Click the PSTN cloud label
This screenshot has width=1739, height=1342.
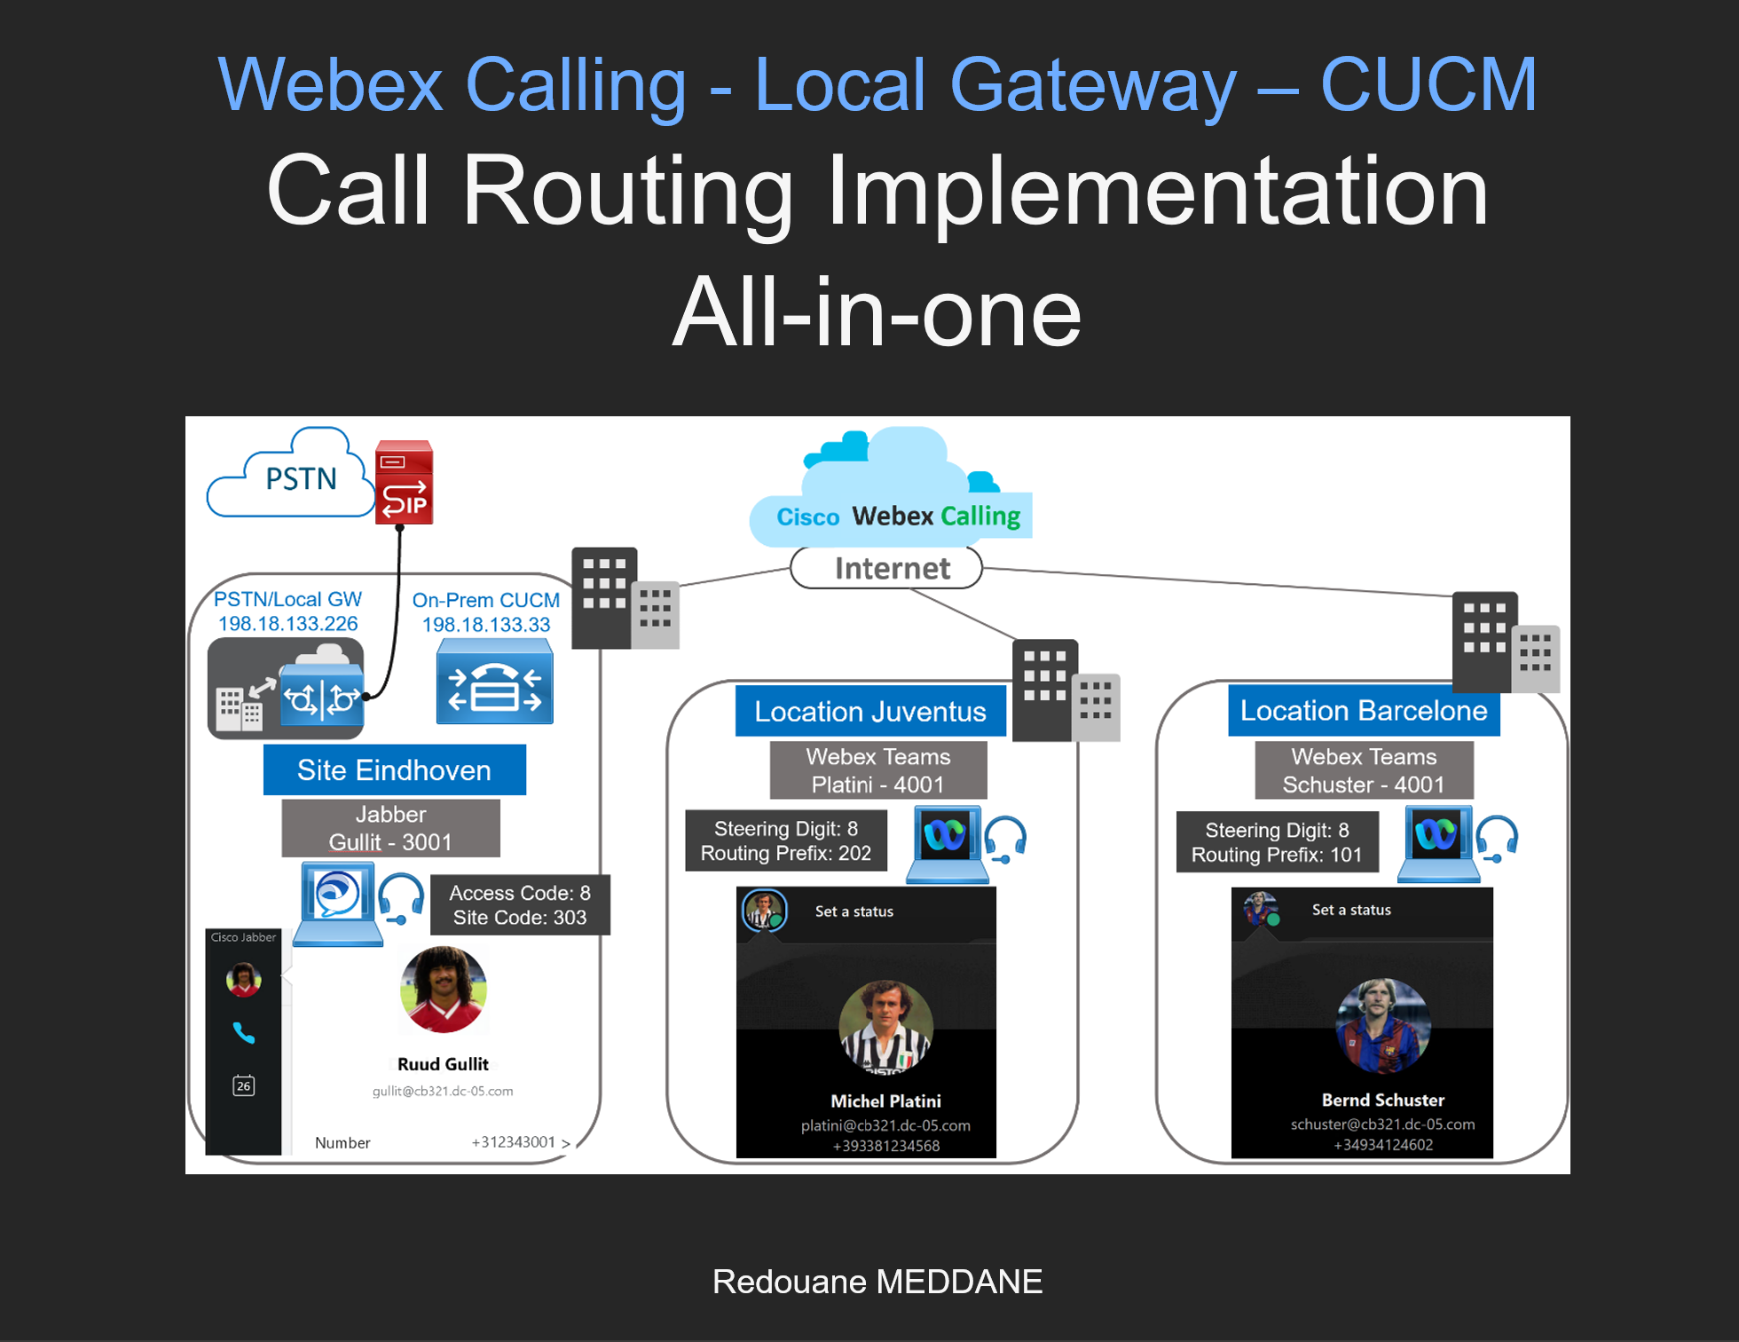pos(301,479)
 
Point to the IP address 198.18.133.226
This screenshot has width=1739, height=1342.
pos(287,624)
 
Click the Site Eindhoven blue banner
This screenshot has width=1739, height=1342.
pos(394,770)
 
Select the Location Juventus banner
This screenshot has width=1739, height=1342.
pos(869,711)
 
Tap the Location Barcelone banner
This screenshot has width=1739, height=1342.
pos(1363,710)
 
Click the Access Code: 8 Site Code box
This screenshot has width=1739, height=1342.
pos(520,905)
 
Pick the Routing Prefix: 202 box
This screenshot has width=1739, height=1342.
pos(785,841)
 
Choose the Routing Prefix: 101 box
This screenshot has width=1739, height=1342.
pos(1276,842)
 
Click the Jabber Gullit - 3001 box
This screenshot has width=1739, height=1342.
pos(390,828)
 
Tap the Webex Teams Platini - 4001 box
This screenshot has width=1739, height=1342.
pos(877,770)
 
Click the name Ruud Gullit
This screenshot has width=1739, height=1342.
pos(443,1064)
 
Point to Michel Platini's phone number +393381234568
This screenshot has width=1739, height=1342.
pos(885,1146)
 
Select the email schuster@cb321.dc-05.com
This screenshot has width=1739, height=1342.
pos(1382,1125)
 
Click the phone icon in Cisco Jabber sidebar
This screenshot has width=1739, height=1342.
pos(243,1032)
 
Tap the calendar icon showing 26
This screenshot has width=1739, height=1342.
pos(243,1085)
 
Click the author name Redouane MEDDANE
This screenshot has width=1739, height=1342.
pos(877,1282)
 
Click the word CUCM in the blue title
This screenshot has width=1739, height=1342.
pos(1428,85)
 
